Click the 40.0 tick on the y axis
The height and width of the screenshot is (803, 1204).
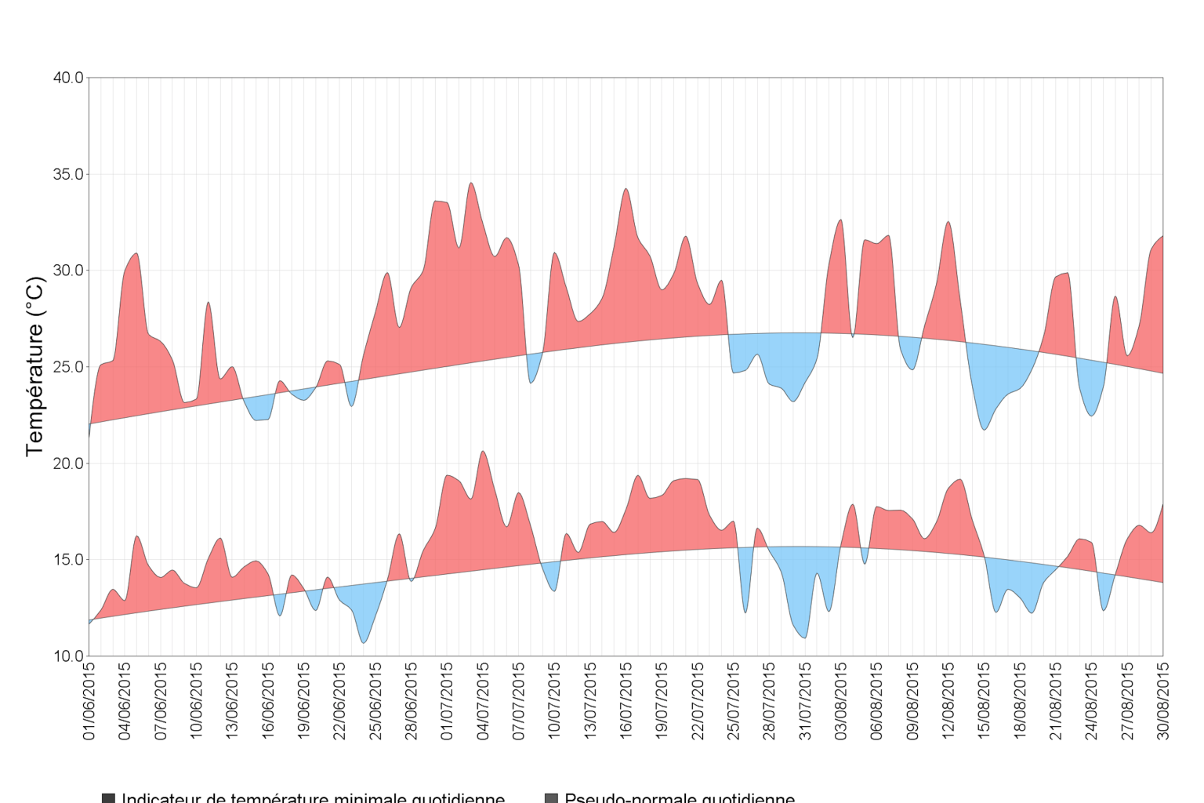point(68,78)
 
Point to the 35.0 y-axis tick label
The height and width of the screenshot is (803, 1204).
point(68,174)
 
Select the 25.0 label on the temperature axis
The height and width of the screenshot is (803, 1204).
point(68,367)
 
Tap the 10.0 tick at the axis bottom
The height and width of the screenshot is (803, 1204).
point(68,656)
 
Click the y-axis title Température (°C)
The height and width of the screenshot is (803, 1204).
point(34,366)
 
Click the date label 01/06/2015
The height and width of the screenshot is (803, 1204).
point(89,701)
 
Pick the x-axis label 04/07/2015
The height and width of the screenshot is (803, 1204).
point(483,701)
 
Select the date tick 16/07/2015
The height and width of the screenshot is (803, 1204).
point(626,701)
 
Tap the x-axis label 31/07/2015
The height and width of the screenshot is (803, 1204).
point(805,701)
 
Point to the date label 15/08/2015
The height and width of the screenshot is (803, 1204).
point(984,701)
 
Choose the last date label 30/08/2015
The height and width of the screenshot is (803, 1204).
point(1163,701)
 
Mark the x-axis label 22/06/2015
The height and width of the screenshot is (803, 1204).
point(340,701)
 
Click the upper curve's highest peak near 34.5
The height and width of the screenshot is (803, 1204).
point(471,183)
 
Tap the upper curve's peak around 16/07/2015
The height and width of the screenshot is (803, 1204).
point(626,189)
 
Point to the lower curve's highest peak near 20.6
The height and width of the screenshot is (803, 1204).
point(483,451)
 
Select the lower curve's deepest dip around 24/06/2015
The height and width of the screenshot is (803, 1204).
point(364,643)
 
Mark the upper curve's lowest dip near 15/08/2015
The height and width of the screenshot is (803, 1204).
point(985,430)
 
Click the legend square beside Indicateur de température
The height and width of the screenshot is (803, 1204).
point(108,798)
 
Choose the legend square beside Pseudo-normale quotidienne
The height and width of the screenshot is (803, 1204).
point(551,798)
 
